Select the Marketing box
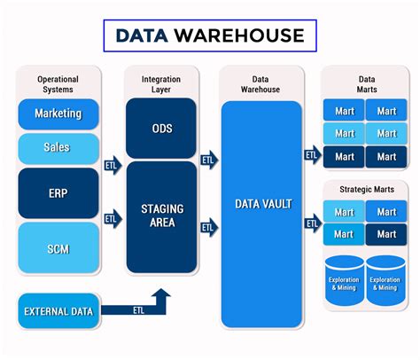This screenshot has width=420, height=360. coord(58,114)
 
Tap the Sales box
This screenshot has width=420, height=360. coord(58,145)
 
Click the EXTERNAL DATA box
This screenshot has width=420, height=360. coord(59,311)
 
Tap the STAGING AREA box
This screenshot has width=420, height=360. coord(161,215)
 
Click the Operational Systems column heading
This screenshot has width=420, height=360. coord(58,84)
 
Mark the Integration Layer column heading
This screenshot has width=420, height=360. coord(161,84)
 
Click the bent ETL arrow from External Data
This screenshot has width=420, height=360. coord(142,309)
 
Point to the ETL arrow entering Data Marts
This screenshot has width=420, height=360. coord(311,155)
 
